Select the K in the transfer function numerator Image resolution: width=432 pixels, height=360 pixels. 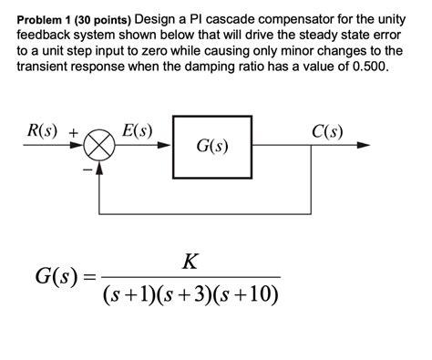tap(189, 263)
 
